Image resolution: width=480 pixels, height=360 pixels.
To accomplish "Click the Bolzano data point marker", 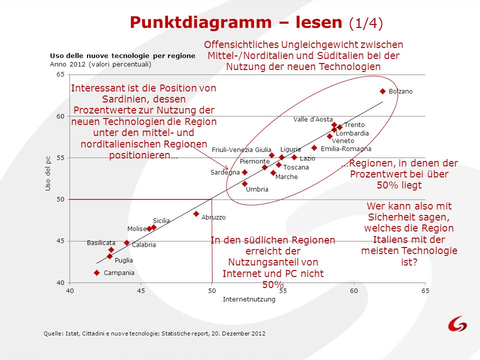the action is click(x=382, y=91).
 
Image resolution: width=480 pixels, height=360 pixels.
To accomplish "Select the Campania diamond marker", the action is click(x=96, y=273).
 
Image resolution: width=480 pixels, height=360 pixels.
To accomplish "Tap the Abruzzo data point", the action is click(x=196, y=214).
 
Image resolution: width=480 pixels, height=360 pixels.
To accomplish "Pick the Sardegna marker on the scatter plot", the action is click(x=244, y=172).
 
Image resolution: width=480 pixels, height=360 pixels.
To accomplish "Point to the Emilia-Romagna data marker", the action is click(x=314, y=148).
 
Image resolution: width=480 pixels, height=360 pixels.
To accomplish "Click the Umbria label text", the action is click(x=257, y=189).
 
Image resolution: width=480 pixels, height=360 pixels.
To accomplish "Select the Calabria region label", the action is click(x=144, y=245).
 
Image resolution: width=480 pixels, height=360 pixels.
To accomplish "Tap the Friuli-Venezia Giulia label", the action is click(x=241, y=149).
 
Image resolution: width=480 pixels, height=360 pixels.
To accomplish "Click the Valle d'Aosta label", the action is click(x=313, y=119).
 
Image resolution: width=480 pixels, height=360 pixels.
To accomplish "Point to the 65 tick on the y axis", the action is click(x=60, y=74).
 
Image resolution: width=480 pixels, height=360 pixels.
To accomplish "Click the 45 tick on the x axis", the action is click(x=141, y=290).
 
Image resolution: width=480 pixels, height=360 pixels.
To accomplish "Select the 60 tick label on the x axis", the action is click(x=354, y=290).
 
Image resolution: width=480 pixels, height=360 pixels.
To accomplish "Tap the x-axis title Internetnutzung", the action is click(x=249, y=299).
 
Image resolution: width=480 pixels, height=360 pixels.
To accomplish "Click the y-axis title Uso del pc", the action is click(x=48, y=173).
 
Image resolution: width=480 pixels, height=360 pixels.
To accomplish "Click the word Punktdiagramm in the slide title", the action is click(x=201, y=22).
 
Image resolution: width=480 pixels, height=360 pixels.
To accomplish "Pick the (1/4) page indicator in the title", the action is click(x=366, y=23).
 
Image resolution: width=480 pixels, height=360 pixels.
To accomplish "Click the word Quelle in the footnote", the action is click(x=53, y=333).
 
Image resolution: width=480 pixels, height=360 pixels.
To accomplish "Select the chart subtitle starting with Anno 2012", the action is click(x=100, y=64).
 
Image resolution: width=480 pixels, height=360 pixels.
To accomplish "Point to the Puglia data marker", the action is click(x=109, y=256).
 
